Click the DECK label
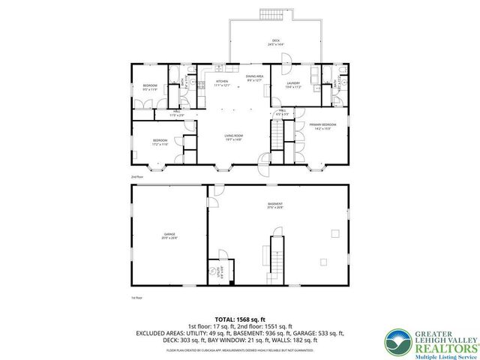[x=273, y=42]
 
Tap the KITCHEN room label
[x=222, y=82]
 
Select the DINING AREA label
[x=254, y=77]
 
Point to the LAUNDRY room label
[x=292, y=85]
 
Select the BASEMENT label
[x=275, y=204]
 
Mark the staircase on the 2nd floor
[x=278, y=136]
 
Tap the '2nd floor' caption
[x=136, y=176]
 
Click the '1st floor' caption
[x=136, y=297]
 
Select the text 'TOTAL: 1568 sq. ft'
[x=239, y=319]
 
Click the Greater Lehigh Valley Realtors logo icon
[x=397, y=342]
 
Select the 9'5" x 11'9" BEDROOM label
[x=150, y=88]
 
